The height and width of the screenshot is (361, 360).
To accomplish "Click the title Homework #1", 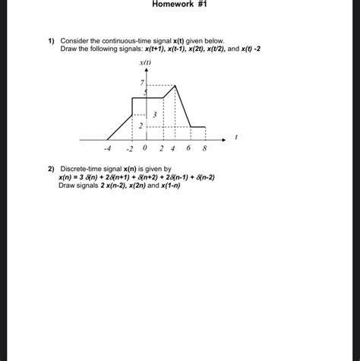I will pos(179,5).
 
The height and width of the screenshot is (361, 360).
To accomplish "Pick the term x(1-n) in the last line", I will pos(207,185).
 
